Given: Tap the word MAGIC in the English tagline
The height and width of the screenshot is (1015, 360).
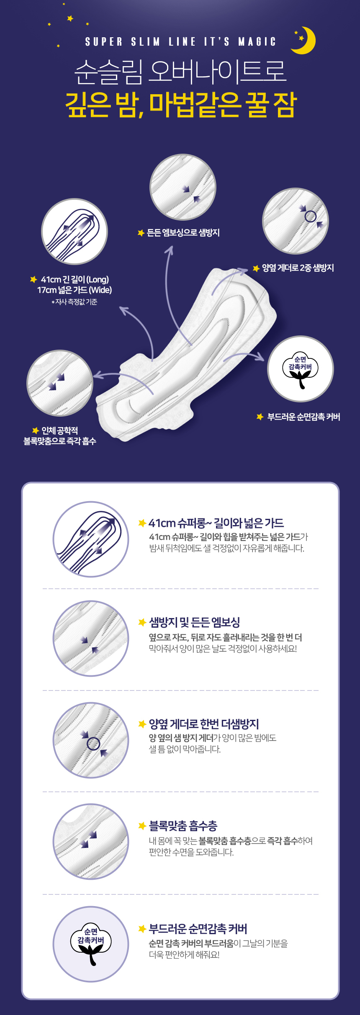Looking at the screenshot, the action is click(x=257, y=42).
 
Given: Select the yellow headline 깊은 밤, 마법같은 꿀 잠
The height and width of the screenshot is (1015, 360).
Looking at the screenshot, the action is click(x=181, y=105).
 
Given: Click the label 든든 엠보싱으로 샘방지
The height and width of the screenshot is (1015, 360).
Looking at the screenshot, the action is click(x=183, y=233).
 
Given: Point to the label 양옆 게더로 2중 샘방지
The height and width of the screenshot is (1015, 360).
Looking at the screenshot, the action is click(x=298, y=268).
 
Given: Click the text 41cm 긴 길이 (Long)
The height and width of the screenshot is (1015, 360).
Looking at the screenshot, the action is click(x=75, y=279).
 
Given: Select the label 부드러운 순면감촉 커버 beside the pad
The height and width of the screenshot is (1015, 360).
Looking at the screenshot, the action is click(x=304, y=417).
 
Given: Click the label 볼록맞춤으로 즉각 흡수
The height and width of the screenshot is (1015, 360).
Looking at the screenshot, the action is click(x=60, y=441).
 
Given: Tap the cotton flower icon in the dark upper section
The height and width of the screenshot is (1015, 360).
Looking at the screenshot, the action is click(x=300, y=370).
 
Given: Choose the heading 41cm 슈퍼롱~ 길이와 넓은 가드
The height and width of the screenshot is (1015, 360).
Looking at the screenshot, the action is click(x=216, y=523).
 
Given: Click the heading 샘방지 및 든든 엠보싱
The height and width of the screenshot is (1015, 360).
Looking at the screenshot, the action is click(x=195, y=623).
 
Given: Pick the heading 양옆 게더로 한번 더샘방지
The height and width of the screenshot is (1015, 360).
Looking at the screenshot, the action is click(x=204, y=724).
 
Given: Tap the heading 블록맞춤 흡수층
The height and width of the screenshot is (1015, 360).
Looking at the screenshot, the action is click(x=183, y=826).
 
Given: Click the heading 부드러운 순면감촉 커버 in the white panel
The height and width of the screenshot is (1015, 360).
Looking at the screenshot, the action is click(x=198, y=929).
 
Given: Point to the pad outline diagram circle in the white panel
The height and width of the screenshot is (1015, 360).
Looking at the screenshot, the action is click(x=91, y=539).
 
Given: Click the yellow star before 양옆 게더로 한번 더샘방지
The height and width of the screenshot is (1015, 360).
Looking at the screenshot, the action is click(x=142, y=724).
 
